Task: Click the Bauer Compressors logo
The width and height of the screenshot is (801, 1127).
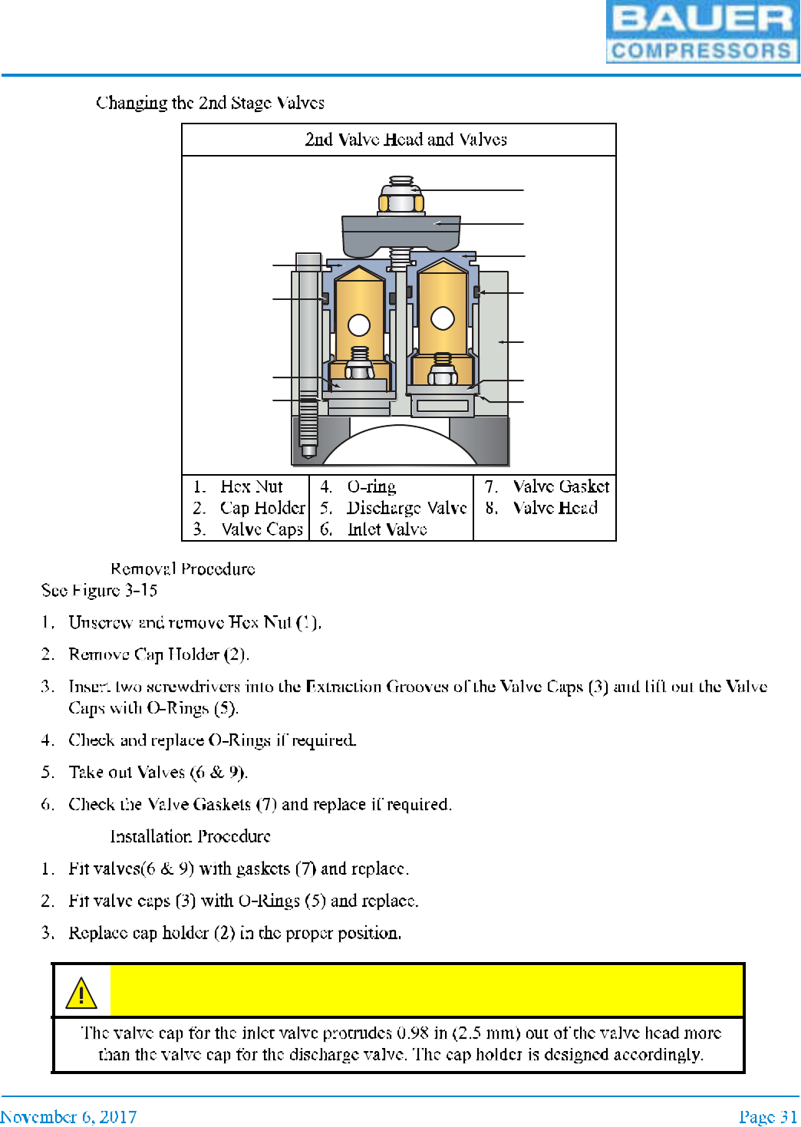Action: (702, 31)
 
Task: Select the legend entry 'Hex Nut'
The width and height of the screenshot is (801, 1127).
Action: (251, 486)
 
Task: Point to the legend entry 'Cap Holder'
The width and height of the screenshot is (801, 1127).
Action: (262, 508)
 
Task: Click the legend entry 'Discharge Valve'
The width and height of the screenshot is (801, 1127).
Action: (406, 508)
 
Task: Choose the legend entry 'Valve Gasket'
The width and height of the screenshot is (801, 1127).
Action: (561, 486)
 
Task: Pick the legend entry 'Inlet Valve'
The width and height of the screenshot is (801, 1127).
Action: (387, 529)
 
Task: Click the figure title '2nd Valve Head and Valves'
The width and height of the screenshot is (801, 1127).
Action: (406, 140)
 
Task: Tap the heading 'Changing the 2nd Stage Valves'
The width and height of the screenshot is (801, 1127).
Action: (210, 103)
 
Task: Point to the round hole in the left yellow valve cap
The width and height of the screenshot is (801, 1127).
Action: (359, 325)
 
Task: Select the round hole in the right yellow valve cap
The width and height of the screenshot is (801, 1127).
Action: (443, 318)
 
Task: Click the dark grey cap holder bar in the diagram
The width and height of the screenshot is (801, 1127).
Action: (400, 233)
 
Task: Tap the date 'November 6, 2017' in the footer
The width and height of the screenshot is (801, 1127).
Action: (68, 1116)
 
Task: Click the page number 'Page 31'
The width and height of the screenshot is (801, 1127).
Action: (767, 1116)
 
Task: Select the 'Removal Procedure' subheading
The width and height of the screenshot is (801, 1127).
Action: (183, 568)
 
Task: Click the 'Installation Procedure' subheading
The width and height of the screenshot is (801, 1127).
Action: (190, 836)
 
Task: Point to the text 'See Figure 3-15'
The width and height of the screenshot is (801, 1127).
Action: (99, 590)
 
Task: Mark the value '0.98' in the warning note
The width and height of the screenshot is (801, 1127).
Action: (412, 1033)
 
